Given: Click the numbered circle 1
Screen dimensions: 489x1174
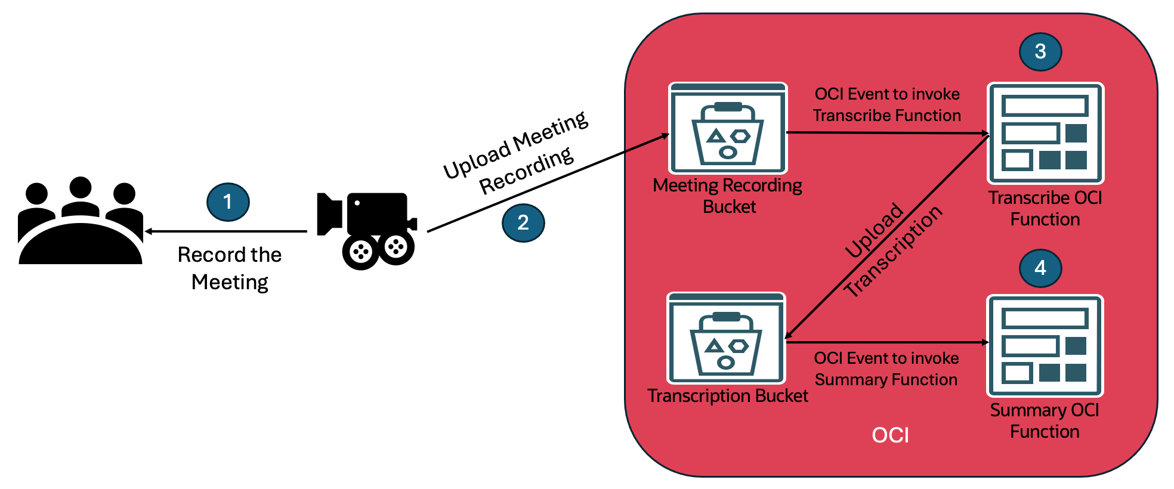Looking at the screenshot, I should (x=228, y=202).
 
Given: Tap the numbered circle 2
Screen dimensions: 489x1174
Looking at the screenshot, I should (x=523, y=223).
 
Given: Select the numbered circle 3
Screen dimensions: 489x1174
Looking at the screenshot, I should (x=1040, y=52).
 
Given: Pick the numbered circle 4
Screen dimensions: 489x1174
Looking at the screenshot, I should (x=1040, y=268).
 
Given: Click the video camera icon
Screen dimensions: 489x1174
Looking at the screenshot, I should (x=367, y=229).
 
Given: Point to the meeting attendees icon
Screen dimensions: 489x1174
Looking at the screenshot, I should (x=81, y=221).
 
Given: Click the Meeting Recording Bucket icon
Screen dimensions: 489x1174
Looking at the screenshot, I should (x=728, y=128).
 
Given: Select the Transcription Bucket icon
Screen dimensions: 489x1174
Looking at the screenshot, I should (x=726, y=338).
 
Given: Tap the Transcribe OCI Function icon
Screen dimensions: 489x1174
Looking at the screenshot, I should (x=1046, y=133).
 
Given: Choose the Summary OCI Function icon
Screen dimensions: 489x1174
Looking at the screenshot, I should (x=1045, y=346).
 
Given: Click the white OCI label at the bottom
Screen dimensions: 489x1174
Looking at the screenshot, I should (x=890, y=435).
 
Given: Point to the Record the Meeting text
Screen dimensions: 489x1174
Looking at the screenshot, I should (x=230, y=268).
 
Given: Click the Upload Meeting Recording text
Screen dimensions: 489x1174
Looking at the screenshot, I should (x=517, y=154).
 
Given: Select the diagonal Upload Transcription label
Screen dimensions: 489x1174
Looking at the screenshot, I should (x=892, y=250).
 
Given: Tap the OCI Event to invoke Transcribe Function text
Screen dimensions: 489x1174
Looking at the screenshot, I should (x=887, y=105).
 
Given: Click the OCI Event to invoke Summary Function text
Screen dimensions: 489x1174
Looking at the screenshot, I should (x=886, y=369).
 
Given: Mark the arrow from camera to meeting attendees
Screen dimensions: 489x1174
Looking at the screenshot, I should (x=227, y=231).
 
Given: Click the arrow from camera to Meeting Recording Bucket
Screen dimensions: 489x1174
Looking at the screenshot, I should (x=549, y=182).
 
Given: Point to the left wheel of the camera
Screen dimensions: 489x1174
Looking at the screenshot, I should (x=361, y=252).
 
